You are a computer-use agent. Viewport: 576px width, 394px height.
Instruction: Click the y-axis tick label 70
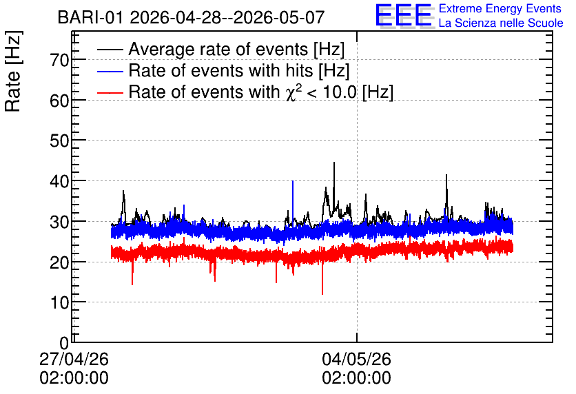(x=59, y=60)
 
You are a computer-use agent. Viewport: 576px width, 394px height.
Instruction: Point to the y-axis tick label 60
(x=59, y=101)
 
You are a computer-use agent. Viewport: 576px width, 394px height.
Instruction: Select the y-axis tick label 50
(x=59, y=141)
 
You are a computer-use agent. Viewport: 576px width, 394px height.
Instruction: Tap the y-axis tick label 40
(x=59, y=181)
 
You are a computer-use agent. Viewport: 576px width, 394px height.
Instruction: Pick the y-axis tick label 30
(x=59, y=222)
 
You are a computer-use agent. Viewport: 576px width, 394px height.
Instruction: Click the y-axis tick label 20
(x=59, y=262)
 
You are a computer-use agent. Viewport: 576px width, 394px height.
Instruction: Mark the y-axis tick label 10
(x=59, y=302)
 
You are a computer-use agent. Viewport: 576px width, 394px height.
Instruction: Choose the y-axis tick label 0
(x=64, y=343)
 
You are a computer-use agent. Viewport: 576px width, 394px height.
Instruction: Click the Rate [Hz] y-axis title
(x=13, y=71)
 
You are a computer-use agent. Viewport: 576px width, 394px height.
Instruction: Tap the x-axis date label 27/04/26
(x=74, y=359)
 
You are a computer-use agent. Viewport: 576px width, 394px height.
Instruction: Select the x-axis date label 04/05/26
(x=356, y=359)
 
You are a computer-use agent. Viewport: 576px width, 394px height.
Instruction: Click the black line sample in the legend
(x=110, y=50)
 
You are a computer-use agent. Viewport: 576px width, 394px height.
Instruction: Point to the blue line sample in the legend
(x=110, y=71)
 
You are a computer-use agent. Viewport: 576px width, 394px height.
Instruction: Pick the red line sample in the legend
(x=110, y=92)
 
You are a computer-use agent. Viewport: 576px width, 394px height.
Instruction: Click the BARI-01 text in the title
(x=90, y=17)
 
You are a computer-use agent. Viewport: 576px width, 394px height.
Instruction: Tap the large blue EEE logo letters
(x=404, y=15)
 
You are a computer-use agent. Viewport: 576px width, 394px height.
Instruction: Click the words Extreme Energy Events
(x=500, y=8)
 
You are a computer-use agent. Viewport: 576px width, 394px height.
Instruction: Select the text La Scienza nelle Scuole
(x=501, y=23)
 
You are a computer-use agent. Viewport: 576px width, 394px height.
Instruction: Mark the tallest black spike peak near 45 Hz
(x=334, y=163)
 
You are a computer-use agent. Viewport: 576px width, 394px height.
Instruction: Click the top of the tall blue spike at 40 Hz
(x=293, y=181)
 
